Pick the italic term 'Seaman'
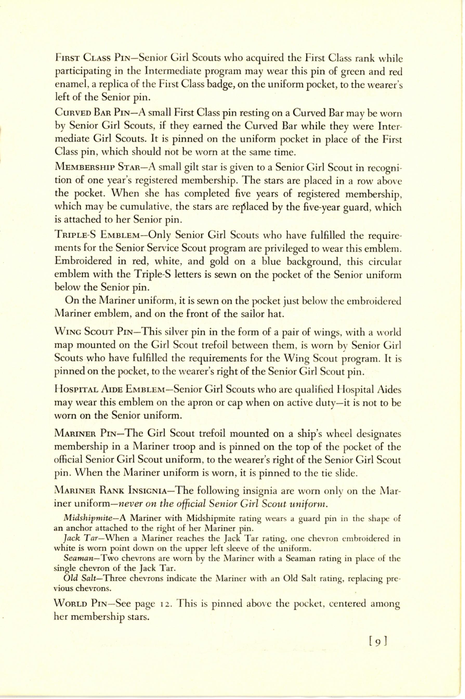pos(78,557)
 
